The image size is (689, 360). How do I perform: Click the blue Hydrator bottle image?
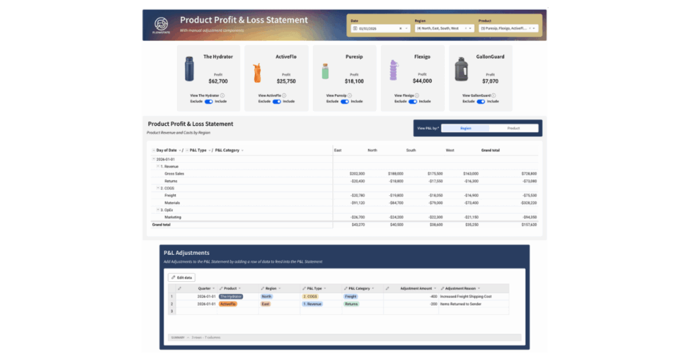click(x=189, y=69)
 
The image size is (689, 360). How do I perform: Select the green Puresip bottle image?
click(x=325, y=71)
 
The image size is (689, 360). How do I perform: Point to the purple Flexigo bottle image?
click(x=393, y=70)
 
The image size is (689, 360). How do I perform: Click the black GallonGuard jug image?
click(x=461, y=69)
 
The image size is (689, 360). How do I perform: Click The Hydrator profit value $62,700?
click(x=218, y=81)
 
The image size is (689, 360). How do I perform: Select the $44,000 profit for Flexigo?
click(x=423, y=81)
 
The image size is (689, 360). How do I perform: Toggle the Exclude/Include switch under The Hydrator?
click(x=209, y=102)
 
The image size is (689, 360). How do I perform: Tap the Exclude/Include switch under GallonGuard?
click(x=480, y=102)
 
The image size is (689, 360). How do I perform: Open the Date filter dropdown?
click(x=379, y=28)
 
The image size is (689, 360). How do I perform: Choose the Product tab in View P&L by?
click(x=513, y=128)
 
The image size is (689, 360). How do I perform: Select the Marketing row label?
click(x=173, y=217)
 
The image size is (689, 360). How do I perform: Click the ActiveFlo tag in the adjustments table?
click(x=227, y=304)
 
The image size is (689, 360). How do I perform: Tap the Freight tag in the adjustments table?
click(x=351, y=296)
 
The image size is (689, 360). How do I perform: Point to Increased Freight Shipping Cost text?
click(x=466, y=296)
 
